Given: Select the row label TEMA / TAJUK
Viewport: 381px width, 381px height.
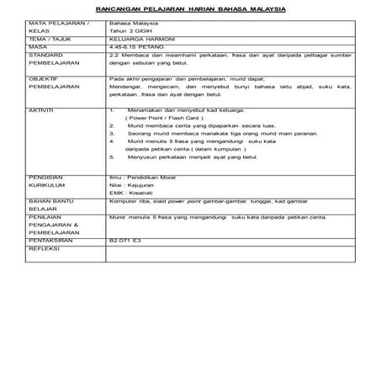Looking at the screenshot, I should (46, 40).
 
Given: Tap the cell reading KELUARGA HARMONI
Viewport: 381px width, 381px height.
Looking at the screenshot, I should (136, 40).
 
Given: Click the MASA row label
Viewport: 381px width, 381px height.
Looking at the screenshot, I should (37, 48).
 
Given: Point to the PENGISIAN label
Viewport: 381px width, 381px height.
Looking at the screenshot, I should (45, 177).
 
